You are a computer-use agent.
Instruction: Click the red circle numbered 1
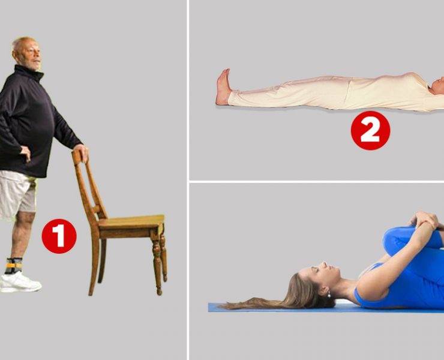coord(59,236)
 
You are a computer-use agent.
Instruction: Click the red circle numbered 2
coord(370,130)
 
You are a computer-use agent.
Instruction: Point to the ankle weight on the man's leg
coord(14,265)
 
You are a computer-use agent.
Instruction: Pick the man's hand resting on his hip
coord(25,153)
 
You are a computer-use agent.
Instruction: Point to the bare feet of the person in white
coord(223,87)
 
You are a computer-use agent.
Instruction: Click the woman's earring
coord(328,295)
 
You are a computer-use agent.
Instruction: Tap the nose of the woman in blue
coord(325,265)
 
